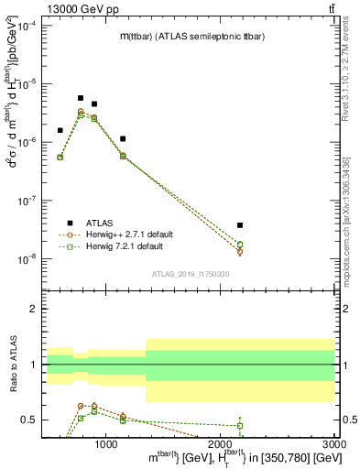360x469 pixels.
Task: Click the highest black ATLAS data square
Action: (81, 98)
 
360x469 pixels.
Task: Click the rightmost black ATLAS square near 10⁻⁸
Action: (240, 224)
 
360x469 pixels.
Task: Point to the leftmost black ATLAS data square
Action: (60, 130)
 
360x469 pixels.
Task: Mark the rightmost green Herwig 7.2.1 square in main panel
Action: (240, 245)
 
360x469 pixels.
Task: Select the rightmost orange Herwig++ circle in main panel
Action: (240, 252)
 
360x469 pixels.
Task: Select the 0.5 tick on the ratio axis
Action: (30, 420)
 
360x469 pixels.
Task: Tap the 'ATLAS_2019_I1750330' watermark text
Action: (190, 274)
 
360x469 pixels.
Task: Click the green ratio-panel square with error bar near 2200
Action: (240, 425)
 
